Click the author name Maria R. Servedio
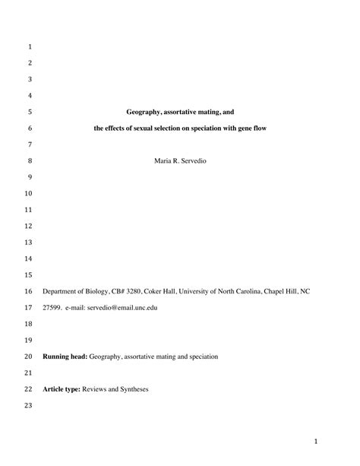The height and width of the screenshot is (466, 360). coord(179,161)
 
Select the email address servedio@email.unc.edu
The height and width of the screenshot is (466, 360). coord(117,308)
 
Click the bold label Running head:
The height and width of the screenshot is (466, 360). coord(65,356)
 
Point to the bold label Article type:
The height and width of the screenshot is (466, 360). coord(63,389)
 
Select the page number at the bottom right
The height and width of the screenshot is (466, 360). coord(315,441)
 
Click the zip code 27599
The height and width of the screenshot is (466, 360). coord(52,308)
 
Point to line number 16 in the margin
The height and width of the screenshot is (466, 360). coord(29,291)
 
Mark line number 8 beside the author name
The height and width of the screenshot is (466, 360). coord(29,161)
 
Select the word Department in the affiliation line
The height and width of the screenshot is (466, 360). coord(60,291)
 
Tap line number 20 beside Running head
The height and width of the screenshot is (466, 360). coord(29,356)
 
